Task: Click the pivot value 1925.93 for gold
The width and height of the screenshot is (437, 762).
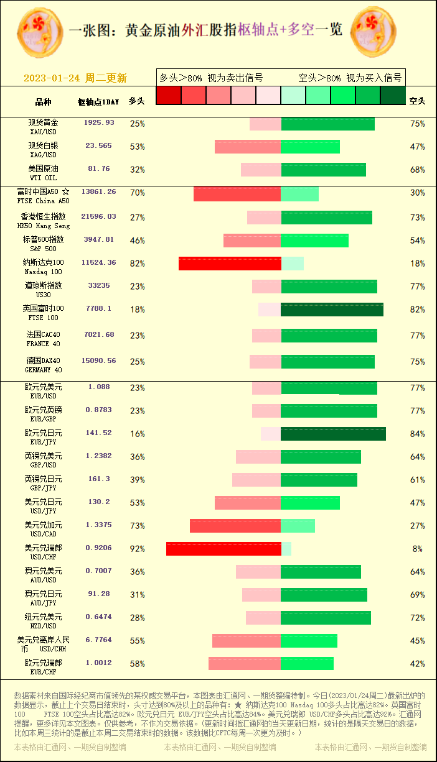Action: point(99,123)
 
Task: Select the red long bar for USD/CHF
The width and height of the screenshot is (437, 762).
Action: point(223,549)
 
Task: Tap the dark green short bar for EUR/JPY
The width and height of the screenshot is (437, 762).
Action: point(333,434)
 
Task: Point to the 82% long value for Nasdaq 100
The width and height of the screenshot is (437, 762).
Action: point(137,264)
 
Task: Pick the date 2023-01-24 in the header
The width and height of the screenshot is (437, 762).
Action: point(52,78)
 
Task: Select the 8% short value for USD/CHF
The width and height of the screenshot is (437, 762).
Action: point(417,549)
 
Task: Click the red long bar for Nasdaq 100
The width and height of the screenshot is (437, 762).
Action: point(230,264)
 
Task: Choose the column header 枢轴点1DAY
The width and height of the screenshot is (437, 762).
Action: point(98,101)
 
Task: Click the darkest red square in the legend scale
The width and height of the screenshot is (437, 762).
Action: point(168,95)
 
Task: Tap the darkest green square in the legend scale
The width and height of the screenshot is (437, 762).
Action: point(393,95)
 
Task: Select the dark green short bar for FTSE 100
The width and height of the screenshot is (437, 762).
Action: point(332,310)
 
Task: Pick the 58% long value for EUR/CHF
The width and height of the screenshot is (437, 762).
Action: point(137,664)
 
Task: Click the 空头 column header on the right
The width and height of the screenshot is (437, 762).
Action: point(417,101)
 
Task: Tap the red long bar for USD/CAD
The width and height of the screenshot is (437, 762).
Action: point(235,526)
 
